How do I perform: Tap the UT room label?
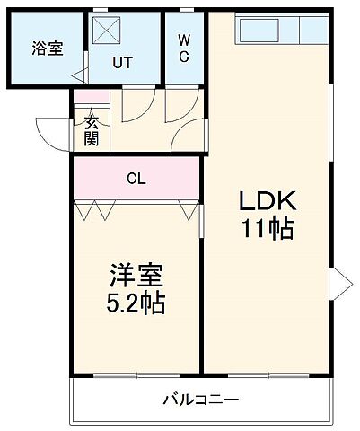click(123, 64)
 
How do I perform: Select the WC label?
click(183, 48)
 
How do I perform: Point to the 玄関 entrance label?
click(92, 132)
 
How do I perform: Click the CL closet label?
click(136, 178)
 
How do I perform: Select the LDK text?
click(266, 199)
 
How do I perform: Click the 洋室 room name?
click(136, 273)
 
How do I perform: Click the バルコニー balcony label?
click(200, 398)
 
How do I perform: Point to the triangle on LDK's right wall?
click(340, 283)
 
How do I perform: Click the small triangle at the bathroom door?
click(79, 76)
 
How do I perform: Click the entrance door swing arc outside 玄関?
click(53, 133)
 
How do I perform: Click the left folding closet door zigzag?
click(94, 211)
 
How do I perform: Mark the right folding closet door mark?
click(187, 211)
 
